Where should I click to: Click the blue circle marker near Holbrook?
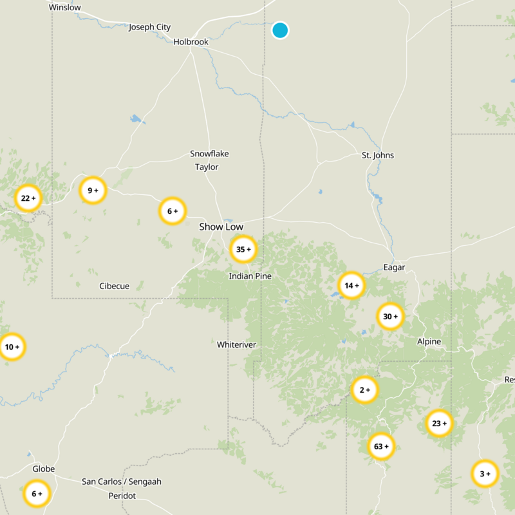pyautogui.click(x=280, y=30)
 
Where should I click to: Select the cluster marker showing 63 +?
pyautogui.click(x=381, y=446)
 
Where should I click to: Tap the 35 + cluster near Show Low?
pyautogui.click(x=243, y=249)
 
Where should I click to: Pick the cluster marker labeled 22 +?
pyautogui.click(x=28, y=198)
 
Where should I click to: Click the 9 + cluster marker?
pyautogui.click(x=93, y=190)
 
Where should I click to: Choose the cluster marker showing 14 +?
pyautogui.click(x=351, y=285)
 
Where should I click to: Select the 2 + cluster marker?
pyautogui.click(x=364, y=389)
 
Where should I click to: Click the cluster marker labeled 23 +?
pyautogui.click(x=439, y=423)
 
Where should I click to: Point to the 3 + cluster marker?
pyautogui.click(x=484, y=474)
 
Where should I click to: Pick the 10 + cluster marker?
pyautogui.click(x=12, y=347)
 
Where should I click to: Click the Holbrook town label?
pyautogui.click(x=191, y=42)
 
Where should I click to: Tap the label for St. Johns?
pyautogui.click(x=378, y=155)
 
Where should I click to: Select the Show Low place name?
pyautogui.click(x=221, y=227)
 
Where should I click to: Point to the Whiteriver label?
pyautogui.click(x=237, y=344)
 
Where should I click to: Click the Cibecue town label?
pyautogui.click(x=115, y=286)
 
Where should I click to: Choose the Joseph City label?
pyautogui.click(x=150, y=27)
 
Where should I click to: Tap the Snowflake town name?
pyautogui.click(x=209, y=154)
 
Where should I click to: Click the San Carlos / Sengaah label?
pyautogui.click(x=122, y=482)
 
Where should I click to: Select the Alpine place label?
pyautogui.click(x=429, y=341)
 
